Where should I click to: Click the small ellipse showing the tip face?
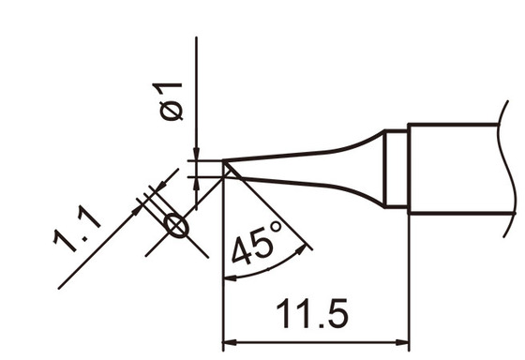pos(174,225)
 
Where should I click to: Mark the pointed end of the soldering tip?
pos(226,168)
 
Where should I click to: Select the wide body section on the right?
pos(459,169)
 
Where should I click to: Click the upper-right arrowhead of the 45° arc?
pos(303,249)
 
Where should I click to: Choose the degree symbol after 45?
pos(276,227)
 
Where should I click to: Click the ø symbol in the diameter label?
pos(171,112)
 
